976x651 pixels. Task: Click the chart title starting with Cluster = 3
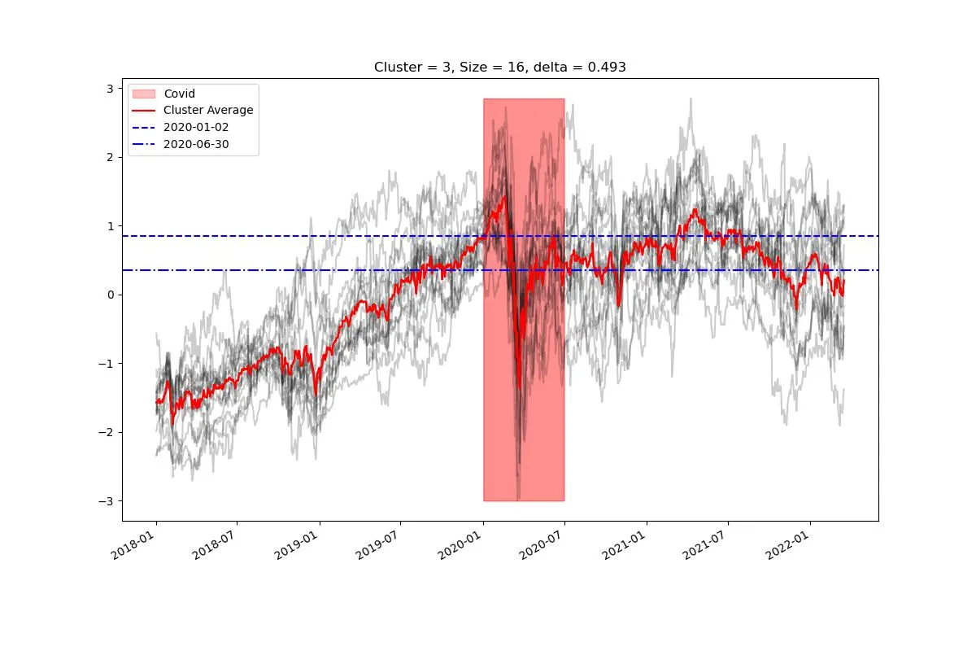click(x=499, y=68)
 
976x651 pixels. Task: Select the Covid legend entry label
click(x=179, y=94)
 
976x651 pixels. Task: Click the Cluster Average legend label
click(x=208, y=110)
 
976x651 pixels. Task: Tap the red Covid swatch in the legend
click(x=144, y=94)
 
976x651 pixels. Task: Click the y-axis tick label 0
click(x=111, y=295)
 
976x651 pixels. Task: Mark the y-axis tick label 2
click(x=111, y=157)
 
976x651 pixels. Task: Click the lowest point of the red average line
click(x=518, y=389)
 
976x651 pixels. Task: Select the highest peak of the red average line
click(x=505, y=196)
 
